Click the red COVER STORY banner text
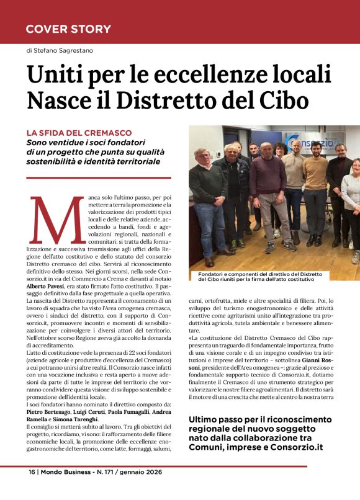click(x=68, y=29)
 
